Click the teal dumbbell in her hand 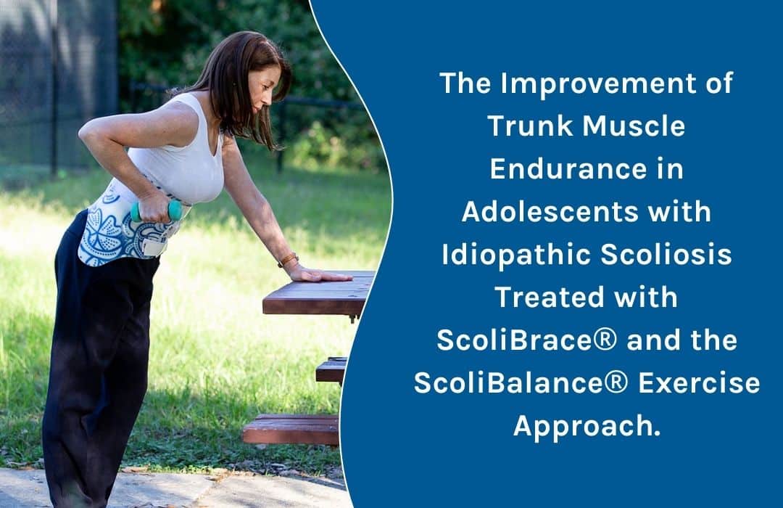pos(156,211)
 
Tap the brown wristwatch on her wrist pos(289,260)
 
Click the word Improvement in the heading pos(598,84)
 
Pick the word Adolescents pos(550,211)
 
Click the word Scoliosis pos(666,254)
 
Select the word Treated pos(549,297)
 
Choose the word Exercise pos(699,383)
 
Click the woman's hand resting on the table pos(320,274)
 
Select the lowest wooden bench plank pos(291,430)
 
